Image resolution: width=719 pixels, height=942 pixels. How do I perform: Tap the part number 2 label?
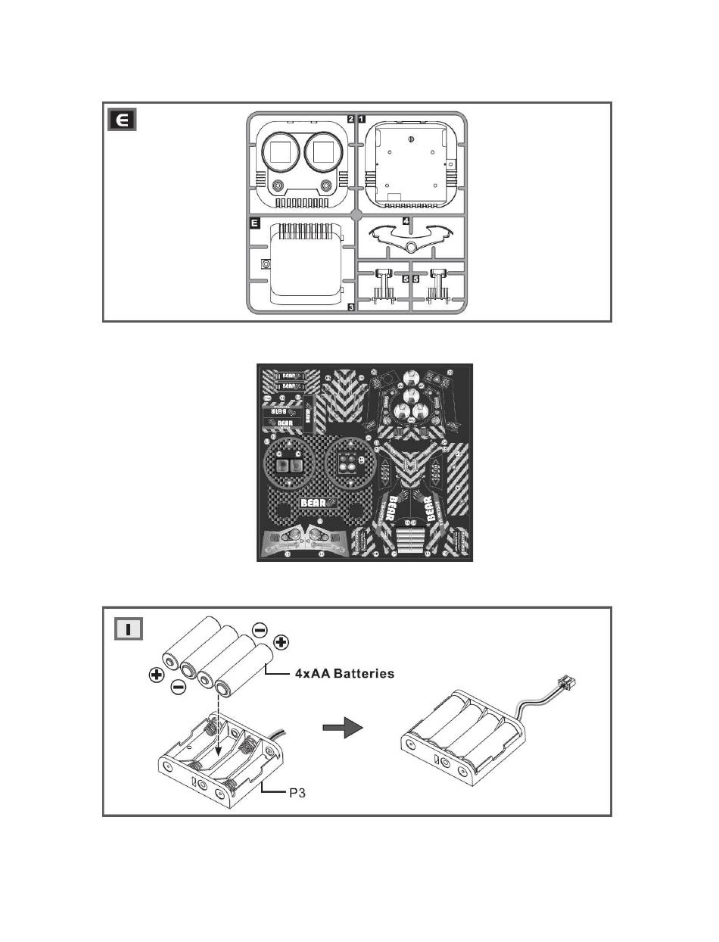pos(351,119)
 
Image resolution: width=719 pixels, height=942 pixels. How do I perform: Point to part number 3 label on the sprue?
pos(351,307)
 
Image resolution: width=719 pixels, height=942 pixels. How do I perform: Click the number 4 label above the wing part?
pos(406,221)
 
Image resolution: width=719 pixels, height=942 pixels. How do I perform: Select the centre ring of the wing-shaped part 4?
pos(411,248)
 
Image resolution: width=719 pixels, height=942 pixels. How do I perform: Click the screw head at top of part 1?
pos(409,138)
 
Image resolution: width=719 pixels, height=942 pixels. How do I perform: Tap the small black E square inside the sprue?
pos(255,223)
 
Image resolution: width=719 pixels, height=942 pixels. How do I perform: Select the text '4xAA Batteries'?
pos(344,673)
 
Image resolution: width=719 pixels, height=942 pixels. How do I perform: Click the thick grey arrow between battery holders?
pos(342,727)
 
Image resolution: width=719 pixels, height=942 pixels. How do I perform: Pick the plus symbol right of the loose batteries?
pos(281,643)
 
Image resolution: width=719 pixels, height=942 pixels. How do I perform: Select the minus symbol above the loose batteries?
pos(259,629)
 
